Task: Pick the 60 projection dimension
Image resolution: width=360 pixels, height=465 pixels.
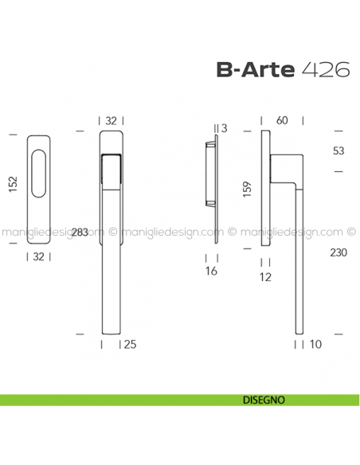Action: click(281, 120)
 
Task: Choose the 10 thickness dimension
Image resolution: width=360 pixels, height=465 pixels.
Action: click(315, 346)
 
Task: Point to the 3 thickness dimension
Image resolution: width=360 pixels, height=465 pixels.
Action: click(224, 127)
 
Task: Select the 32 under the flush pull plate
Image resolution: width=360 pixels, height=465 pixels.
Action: click(38, 256)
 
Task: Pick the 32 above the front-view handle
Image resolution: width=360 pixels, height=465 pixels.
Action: click(111, 120)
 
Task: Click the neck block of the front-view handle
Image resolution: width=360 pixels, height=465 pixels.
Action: click(111, 171)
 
